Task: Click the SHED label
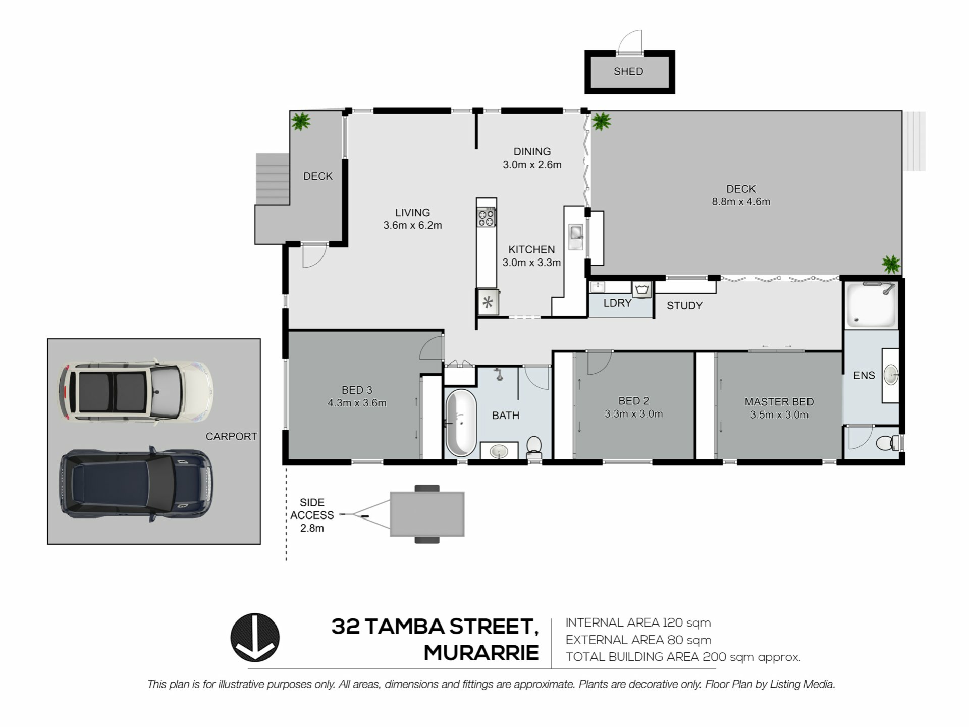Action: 628,72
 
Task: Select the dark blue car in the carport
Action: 136,484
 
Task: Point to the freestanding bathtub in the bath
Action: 461,423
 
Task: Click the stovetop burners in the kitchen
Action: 487,218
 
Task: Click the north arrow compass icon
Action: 255,638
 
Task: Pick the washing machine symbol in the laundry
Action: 641,290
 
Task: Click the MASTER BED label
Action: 779,402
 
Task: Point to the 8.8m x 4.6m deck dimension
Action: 741,202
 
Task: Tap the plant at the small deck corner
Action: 301,121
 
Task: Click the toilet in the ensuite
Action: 887,443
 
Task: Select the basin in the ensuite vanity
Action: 891,375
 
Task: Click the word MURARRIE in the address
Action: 481,653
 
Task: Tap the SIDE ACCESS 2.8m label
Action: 312,515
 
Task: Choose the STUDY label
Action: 685,306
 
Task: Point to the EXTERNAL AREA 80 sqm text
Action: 638,640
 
